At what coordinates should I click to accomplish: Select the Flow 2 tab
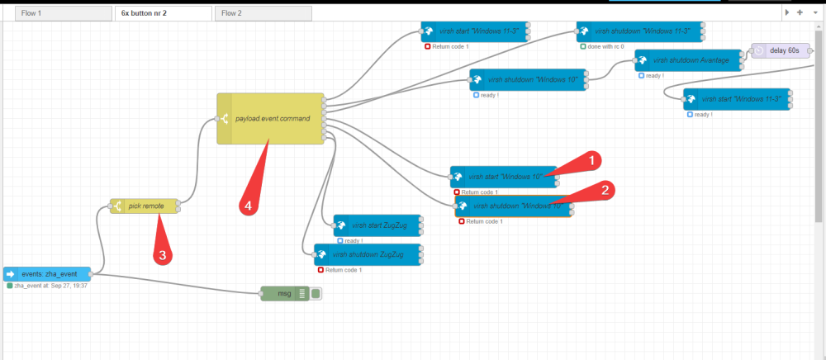[x=263, y=13]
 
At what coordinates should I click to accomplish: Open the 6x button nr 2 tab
[x=164, y=13]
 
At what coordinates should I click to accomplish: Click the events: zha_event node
[x=47, y=274]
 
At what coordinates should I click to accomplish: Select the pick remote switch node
[x=145, y=206]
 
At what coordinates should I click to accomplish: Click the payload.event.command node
[x=271, y=118]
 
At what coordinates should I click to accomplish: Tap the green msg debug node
[x=285, y=294]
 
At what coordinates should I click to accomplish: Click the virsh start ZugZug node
[x=377, y=225]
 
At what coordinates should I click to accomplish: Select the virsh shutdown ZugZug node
[x=368, y=255]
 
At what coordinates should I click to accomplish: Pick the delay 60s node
[x=781, y=50]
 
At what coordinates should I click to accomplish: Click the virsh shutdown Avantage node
[x=688, y=60]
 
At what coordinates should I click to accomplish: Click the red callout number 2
[x=605, y=191]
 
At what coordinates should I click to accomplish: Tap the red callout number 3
[x=163, y=255]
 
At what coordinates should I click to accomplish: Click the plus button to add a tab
[x=800, y=12]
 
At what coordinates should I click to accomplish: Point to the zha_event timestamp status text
[x=50, y=286]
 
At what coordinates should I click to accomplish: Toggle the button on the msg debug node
[x=316, y=294]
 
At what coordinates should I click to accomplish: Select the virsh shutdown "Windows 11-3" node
[x=641, y=31]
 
